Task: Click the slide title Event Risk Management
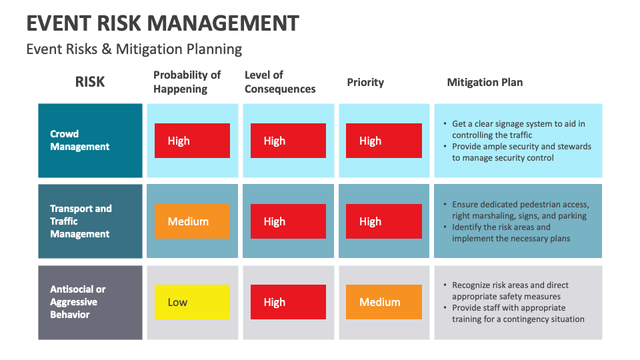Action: point(163,23)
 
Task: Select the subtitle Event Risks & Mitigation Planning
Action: point(134,49)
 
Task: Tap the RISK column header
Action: point(90,82)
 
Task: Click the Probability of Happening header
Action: point(187,82)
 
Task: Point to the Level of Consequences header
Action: point(280,82)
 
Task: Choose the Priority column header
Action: point(365,83)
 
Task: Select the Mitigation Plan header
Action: point(485,83)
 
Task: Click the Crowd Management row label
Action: point(80,140)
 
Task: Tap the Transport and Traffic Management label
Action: point(81,221)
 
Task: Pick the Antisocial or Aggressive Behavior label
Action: point(78,302)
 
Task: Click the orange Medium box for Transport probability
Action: point(192,221)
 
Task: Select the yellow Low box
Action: point(192,302)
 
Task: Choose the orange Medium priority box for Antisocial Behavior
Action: point(384,302)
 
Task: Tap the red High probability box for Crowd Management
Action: point(192,141)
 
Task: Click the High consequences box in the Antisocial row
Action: point(288,302)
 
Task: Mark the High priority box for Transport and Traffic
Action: point(384,221)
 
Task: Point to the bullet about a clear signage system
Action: point(518,129)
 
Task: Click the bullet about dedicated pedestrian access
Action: point(520,210)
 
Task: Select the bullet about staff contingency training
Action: point(518,313)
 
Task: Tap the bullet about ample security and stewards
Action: point(521,152)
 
